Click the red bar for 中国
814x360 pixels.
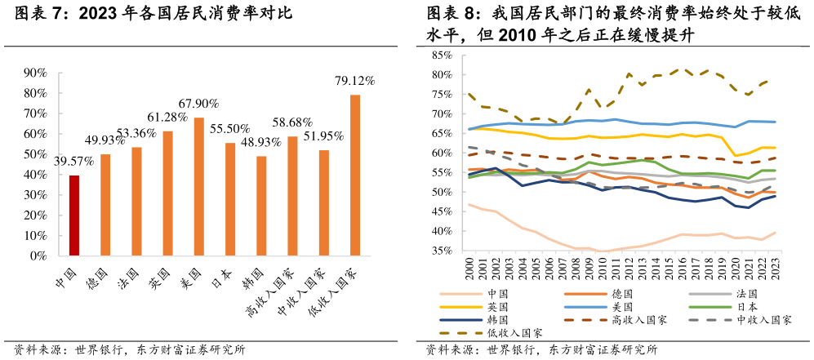pos(74,216)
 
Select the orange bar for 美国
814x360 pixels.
pos(199,187)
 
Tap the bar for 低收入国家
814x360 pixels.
pos(355,176)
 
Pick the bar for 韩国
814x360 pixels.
pos(261,206)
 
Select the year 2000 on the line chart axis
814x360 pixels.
pos(469,270)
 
